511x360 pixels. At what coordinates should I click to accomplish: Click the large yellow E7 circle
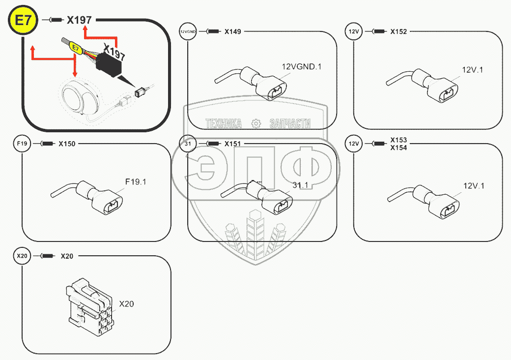tap(21, 22)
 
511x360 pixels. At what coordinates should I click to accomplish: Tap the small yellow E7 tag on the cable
tap(76, 48)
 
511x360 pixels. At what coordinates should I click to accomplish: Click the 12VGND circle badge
tap(188, 32)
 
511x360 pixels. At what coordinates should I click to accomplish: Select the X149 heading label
tap(232, 32)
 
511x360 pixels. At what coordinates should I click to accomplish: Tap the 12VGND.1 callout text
tap(301, 66)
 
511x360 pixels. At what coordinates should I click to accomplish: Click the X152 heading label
tap(398, 32)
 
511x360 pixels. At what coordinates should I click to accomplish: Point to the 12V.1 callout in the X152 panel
tap(473, 70)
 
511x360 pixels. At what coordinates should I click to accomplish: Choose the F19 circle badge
tap(22, 144)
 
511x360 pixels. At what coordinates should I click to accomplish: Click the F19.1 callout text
tap(136, 182)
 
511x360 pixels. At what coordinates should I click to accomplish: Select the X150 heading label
tap(67, 144)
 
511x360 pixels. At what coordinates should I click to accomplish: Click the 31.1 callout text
tap(300, 185)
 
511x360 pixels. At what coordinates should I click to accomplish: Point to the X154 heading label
tap(398, 148)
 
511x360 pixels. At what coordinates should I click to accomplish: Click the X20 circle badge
tap(22, 256)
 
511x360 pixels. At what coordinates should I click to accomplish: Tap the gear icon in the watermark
tap(255, 123)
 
